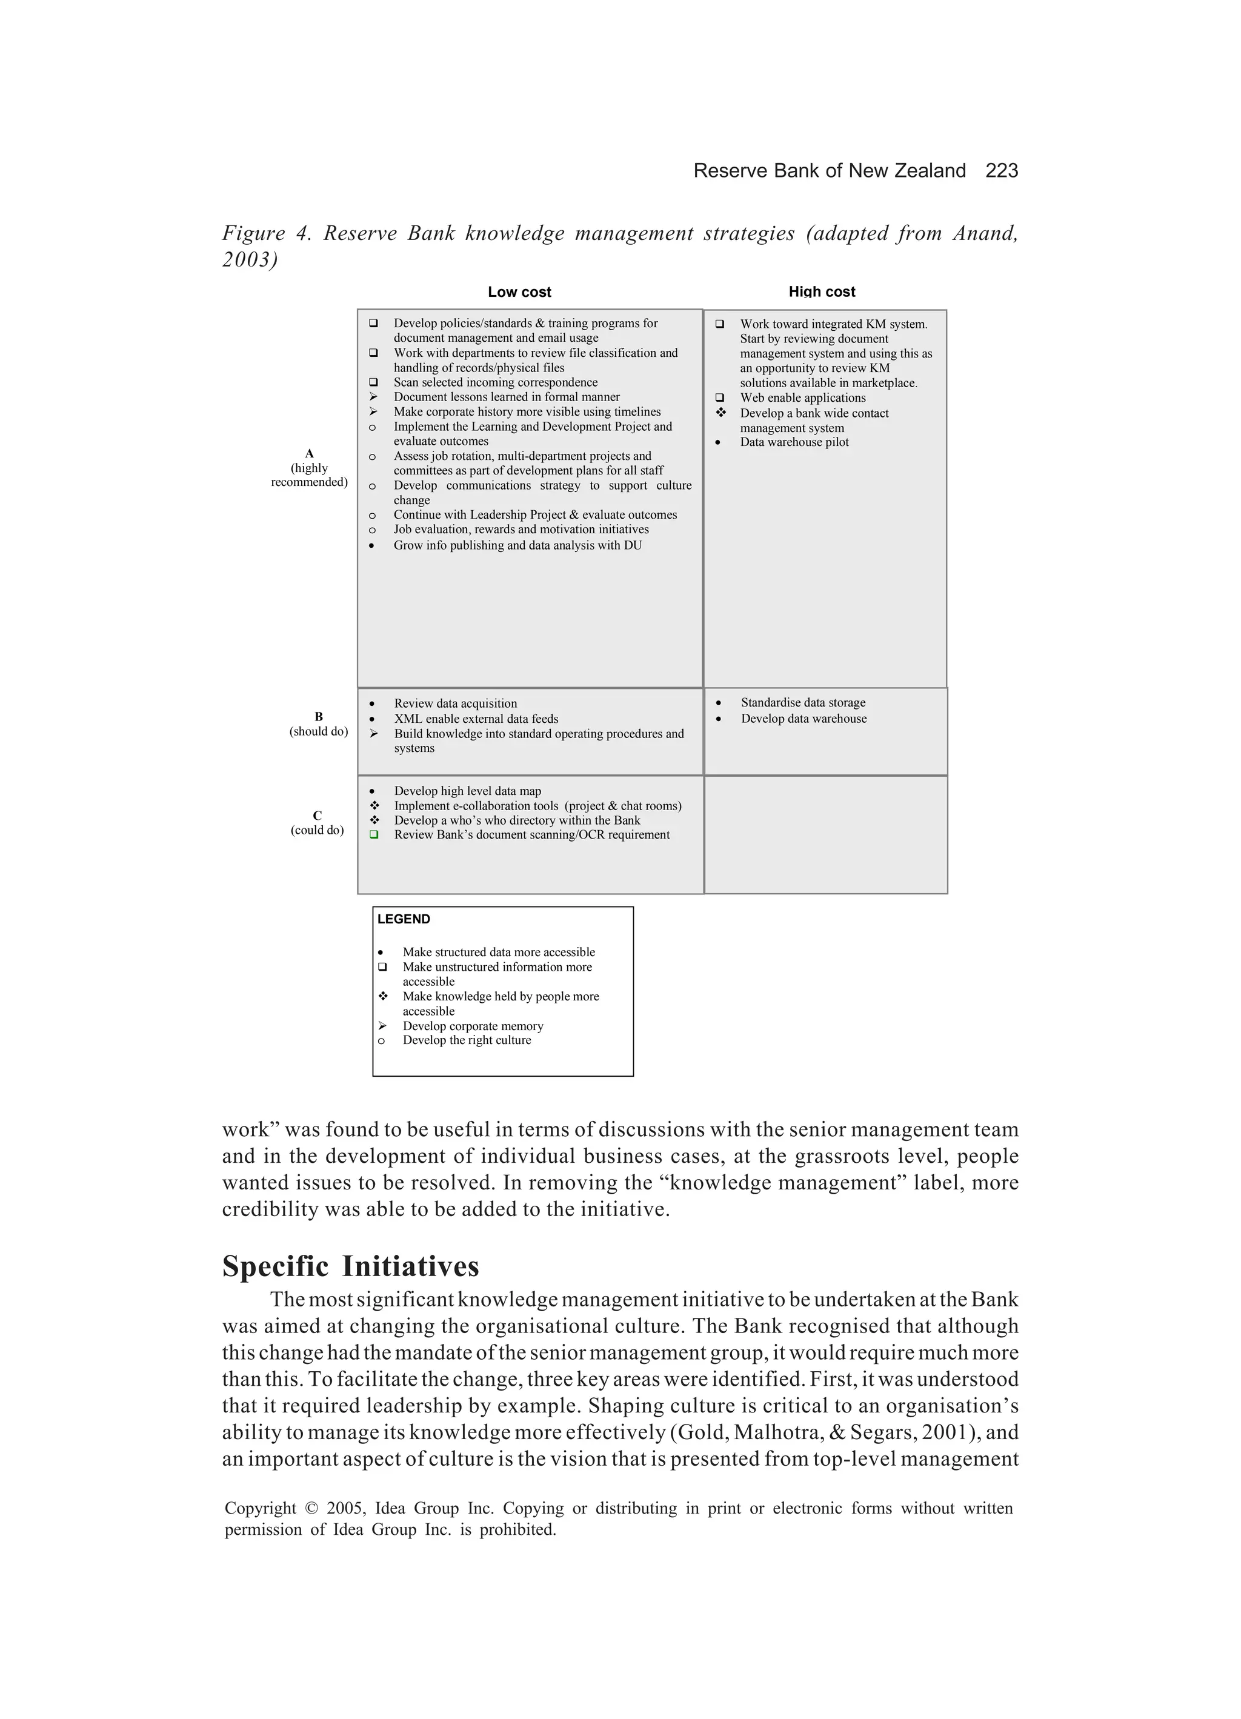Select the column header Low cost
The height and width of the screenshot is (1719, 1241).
[519, 292]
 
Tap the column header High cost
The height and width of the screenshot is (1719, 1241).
[822, 292]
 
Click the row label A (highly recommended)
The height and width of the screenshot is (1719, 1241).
[309, 468]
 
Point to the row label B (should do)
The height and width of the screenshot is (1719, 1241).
[318, 724]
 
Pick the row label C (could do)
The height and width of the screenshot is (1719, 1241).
[317, 822]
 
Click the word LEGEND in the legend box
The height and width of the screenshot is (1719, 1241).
[404, 919]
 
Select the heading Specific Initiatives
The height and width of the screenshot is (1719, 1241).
[350, 1266]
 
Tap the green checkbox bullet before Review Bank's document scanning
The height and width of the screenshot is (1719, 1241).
[373, 834]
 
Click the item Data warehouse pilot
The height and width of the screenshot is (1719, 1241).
[794, 442]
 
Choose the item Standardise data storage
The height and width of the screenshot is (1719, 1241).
[803, 703]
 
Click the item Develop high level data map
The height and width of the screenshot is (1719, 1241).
[467, 791]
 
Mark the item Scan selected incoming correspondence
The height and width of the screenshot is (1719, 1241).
[495, 382]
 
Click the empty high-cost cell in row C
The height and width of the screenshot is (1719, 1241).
[825, 834]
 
